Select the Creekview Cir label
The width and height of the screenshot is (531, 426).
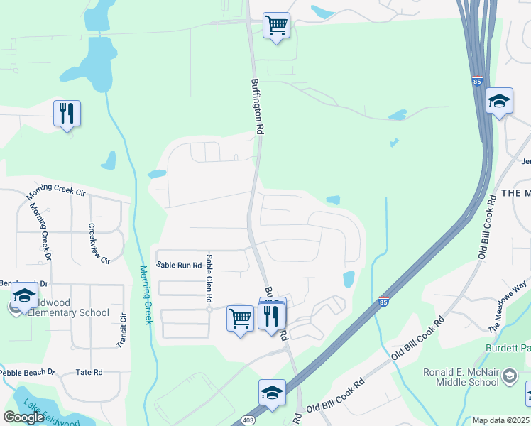point(98,244)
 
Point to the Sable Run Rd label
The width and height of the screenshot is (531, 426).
point(180,265)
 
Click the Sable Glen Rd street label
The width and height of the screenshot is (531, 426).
point(209,280)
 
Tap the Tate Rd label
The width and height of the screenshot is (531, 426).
point(89,372)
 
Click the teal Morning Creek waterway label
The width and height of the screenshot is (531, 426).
point(146,295)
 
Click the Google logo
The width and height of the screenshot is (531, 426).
point(23,417)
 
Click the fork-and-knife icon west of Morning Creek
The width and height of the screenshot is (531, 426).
point(67,113)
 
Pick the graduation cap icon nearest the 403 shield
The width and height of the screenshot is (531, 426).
point(272,393)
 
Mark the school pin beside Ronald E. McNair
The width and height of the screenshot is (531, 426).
point(509,376)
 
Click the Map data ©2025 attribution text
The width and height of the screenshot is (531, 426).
point(501,420)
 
